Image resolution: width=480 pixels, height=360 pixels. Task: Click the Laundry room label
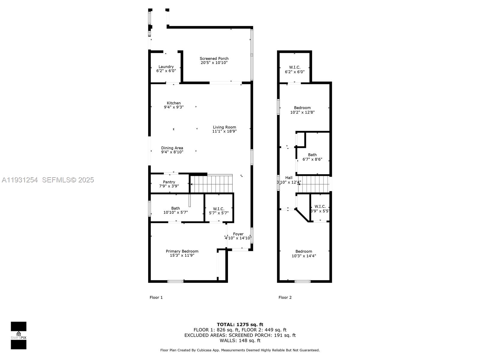tap(166, 67)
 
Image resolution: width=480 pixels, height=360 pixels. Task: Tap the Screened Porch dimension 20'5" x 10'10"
tap(214, 63)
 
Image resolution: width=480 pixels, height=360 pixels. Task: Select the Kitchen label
tap(174, 103)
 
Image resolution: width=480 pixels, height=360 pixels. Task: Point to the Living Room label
tap(224, 127)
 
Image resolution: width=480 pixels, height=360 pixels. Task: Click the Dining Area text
tap(172, 148)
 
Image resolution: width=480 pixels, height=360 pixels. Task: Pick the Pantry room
tap(169, 184)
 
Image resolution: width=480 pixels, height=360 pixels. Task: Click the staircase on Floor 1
tap(211, 184)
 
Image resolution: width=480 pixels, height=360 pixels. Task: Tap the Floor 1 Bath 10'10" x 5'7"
tap(175, 210)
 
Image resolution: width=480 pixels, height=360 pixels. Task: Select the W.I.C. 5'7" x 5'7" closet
tap(219, 211)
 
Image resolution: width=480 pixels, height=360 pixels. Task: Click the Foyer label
tap(238, 234)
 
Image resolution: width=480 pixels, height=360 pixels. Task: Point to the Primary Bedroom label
tap(182, 251)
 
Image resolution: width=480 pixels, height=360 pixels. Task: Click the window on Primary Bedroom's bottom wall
tap(175, 281)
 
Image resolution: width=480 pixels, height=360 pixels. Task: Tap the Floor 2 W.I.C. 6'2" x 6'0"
tap(295, 69)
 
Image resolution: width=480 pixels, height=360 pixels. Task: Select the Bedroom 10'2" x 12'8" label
tap(302, 108)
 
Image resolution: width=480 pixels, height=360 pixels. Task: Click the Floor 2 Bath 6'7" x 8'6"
tap(312, 157)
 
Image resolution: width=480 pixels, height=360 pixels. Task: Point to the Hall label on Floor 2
tap(289, 178)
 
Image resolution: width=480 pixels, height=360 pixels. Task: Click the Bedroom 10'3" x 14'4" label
tap(304, 251)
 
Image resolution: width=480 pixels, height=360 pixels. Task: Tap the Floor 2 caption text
tap(285, 297)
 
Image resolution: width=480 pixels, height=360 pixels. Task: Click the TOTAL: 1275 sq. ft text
tap(240, 324)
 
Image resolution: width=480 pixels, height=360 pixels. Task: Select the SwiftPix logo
tap(19, 335)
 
